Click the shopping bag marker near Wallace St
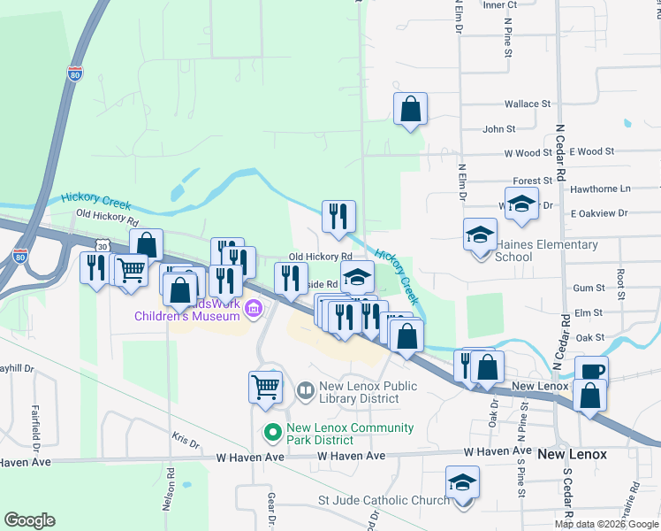410,110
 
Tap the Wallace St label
528,104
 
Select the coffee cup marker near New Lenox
591,372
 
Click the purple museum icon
254,308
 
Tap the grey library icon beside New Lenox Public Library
306,390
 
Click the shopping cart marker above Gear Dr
266,388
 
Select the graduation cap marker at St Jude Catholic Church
462,483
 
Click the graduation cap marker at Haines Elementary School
480,235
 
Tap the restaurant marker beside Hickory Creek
338,217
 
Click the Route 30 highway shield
103,245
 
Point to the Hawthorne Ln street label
601,189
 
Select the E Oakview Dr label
598,213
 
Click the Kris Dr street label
186,439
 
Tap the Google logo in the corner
29,520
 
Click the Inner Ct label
499,4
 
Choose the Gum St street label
588,288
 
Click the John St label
498,129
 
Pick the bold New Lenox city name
573,454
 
